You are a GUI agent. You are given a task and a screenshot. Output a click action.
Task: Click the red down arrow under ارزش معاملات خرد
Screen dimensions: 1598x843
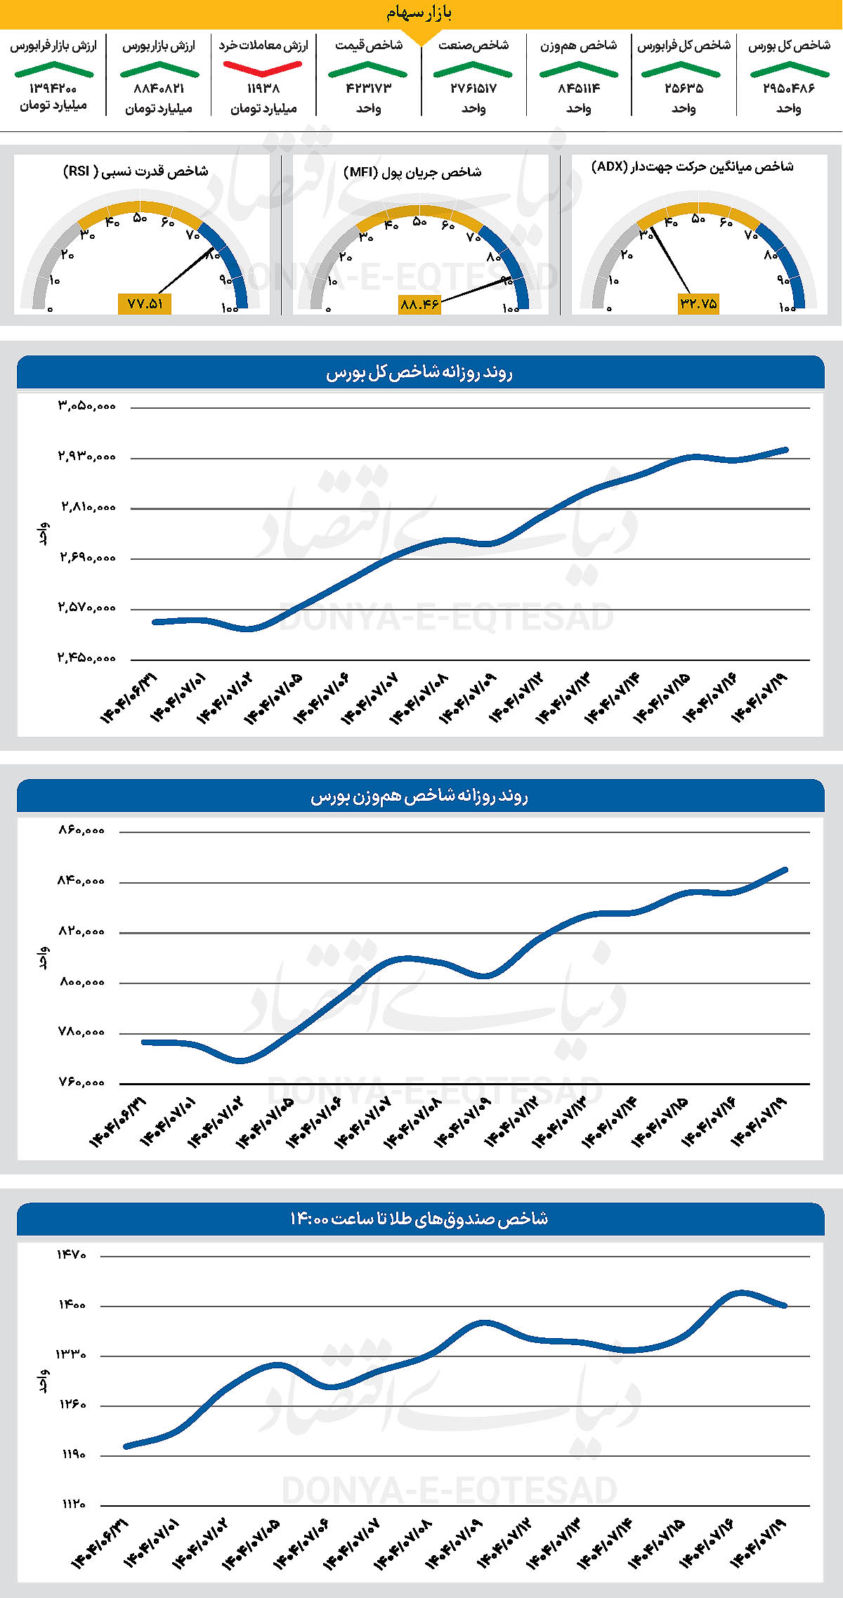click(263, 68)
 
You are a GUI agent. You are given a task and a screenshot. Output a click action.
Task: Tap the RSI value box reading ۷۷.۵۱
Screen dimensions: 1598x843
click(145, 303)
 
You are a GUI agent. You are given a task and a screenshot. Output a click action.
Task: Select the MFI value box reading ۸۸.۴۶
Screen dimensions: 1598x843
click(419, 304)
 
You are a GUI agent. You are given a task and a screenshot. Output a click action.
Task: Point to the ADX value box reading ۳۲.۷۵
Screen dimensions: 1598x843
click(698, 303)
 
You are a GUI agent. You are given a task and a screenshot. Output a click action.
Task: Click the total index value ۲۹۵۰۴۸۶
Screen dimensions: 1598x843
click(788, 89)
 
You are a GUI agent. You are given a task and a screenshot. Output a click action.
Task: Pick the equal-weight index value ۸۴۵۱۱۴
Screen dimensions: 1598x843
click(579, 89)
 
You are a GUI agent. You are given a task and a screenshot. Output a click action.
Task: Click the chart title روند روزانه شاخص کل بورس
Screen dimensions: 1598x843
click(419, 373)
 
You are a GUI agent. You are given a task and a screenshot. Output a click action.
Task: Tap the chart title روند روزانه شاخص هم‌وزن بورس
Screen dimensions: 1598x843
click(419, 797)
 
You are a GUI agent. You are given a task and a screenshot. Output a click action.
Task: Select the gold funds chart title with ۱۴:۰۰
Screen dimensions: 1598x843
click(419, 1219)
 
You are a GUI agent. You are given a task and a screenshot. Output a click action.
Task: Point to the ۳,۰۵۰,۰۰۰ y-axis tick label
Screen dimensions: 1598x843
click(86, 406)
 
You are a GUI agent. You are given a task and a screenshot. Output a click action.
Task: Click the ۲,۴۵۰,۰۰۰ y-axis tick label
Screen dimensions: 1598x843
click(86, 658)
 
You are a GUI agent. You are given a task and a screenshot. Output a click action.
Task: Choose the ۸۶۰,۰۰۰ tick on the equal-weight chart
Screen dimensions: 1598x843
click(81, 830)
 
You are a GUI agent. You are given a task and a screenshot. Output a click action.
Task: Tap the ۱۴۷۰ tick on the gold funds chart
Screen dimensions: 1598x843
click(72, 1255)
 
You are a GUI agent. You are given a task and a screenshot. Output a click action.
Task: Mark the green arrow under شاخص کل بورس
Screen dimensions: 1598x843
click(789, 69)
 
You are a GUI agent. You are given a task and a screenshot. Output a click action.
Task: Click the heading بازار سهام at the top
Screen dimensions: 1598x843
click(419, 13)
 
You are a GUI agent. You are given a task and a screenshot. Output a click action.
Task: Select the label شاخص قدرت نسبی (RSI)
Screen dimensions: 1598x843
click(136, 171)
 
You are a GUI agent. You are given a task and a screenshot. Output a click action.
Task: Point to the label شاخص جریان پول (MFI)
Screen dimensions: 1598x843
click(412, 172)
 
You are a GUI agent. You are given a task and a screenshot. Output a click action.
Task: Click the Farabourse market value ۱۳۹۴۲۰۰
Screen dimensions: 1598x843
click(53, 89)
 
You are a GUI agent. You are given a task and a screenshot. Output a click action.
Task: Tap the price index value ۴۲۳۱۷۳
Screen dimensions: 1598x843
click(368, 89)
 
